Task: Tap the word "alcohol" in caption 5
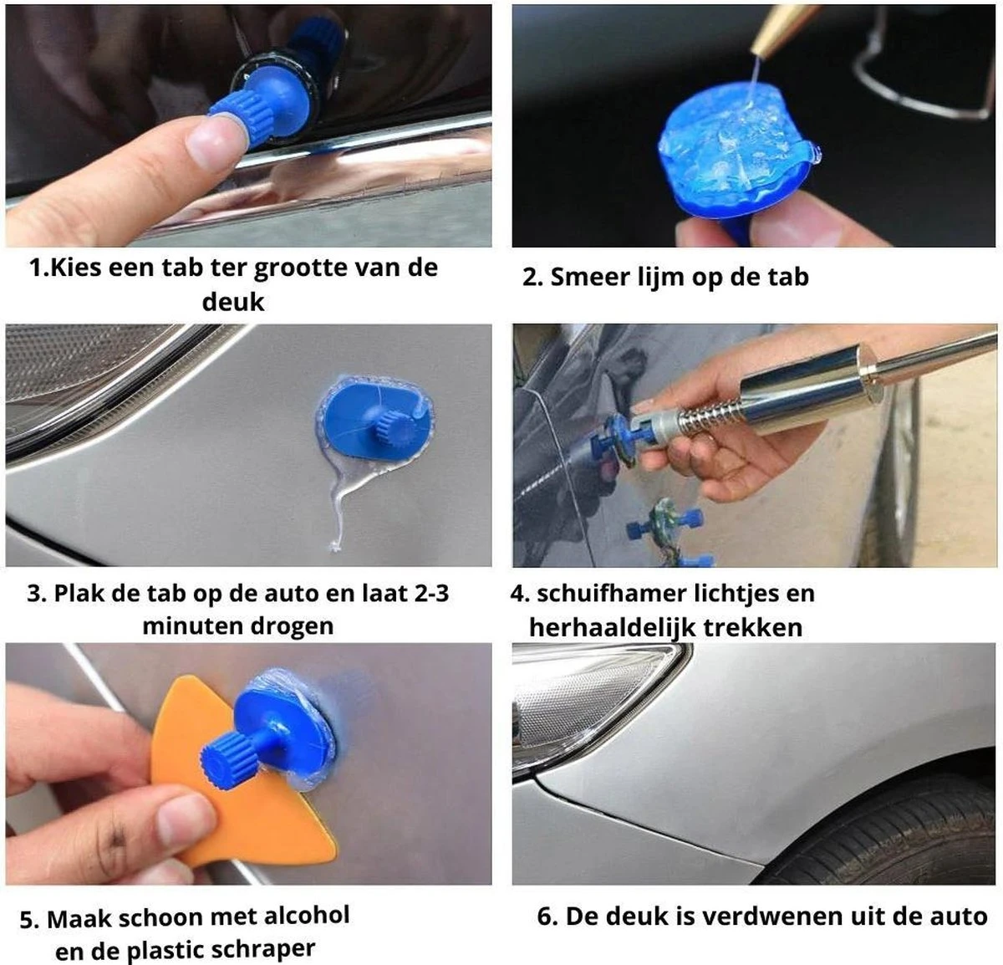[x=307, y=916]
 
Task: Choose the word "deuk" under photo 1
[x=233, y=302]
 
